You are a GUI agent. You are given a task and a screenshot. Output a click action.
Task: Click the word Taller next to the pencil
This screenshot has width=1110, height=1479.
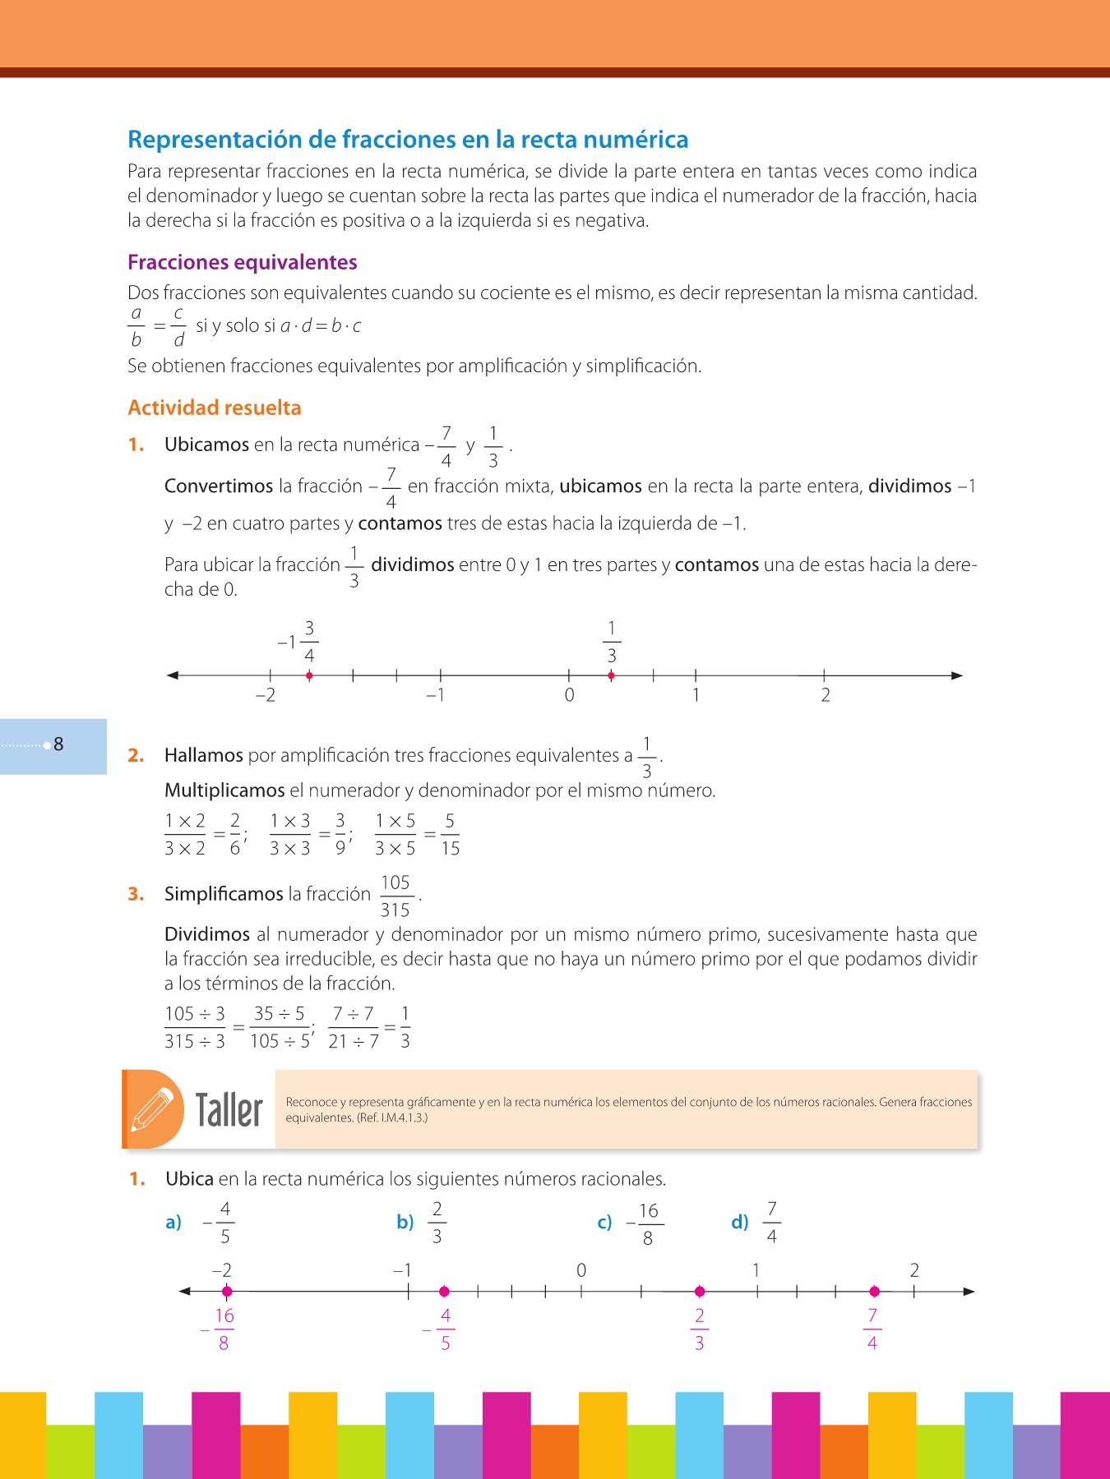click(x=229, y=1110)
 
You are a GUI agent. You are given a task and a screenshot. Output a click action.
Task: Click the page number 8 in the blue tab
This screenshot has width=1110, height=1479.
click(x=58, y=744)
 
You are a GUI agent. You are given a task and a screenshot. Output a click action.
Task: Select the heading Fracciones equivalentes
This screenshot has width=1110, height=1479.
click(x=242, y=262)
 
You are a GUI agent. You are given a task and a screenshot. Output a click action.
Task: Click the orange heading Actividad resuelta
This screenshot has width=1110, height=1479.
click(x=214, y=408)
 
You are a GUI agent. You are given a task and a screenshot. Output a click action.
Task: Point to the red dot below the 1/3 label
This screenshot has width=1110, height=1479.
click(x=611, y=675)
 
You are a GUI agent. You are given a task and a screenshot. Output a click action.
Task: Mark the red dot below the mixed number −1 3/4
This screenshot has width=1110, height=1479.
click(x=309, y=675)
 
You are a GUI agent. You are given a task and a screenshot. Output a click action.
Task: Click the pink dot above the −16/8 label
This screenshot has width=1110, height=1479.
click(x=227, y=1291)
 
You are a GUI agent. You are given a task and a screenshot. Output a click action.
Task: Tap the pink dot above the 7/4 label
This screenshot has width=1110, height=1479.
click(x=874, y=1291)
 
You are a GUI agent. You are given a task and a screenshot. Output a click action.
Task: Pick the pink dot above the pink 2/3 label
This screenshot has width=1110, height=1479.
click(x=700, y=1291)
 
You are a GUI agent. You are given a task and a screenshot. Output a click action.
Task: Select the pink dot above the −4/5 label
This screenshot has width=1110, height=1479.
click(x=444, y=1291)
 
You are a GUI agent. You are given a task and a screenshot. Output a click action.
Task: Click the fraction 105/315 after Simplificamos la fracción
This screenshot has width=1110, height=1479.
click(x=395, y=896)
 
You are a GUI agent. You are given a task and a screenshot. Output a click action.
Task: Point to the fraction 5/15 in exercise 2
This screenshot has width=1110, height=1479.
click(x=450, y=834)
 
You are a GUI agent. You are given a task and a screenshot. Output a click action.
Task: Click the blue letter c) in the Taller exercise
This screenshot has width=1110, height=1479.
click(x=604, y=1223)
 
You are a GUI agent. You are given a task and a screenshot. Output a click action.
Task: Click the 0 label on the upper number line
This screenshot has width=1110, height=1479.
click(x=569, y=695)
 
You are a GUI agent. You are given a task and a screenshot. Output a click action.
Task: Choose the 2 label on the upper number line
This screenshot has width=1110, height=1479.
click(x=826, y=695)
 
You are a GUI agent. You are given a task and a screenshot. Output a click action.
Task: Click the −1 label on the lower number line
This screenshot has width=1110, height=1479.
click(x=402, y=1270)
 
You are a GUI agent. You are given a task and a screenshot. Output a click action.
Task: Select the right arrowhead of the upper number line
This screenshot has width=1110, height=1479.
click(x=956, y=675)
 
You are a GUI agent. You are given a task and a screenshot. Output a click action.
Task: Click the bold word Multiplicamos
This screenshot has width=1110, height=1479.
click(x=224, y=790)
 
